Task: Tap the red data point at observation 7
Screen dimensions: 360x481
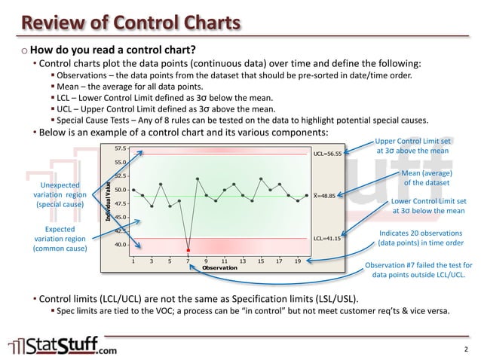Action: [188, 249]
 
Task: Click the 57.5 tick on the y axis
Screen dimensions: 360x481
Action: [120, 148]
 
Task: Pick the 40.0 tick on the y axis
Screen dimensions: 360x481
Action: [120, 245]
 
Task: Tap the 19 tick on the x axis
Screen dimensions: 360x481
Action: [298, 261]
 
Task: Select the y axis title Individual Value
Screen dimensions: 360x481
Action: [109, 197]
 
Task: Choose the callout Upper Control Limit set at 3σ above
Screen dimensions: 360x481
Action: [412, 145]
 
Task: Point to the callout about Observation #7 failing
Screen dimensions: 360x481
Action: [418, 270]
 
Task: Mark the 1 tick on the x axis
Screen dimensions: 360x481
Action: [133, 261]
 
